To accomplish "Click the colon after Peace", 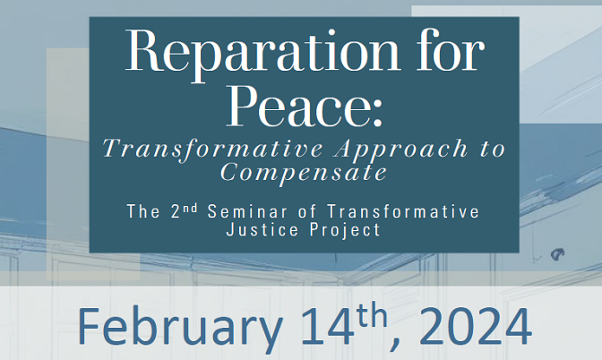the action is (x=377, y=112).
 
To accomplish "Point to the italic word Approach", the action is (x=401, y=150).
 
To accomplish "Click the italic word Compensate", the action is (x=304, y=172).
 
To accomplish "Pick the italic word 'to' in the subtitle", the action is (x=493, y=149).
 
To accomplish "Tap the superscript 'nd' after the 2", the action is (x=189, y=209).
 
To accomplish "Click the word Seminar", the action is (x=247, y=212).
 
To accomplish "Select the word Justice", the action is (x=262, y=230).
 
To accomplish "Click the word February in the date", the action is (x=180, y=327).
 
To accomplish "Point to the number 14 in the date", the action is (x=327, y=326).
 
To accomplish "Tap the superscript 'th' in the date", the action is (x=372, y=316).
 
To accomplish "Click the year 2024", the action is (x=476, y=326).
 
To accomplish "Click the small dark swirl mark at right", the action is (x=557, y=254).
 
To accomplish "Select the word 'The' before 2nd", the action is (x=143, y=212).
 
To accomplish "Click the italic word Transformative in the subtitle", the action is (x=213, y=150).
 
